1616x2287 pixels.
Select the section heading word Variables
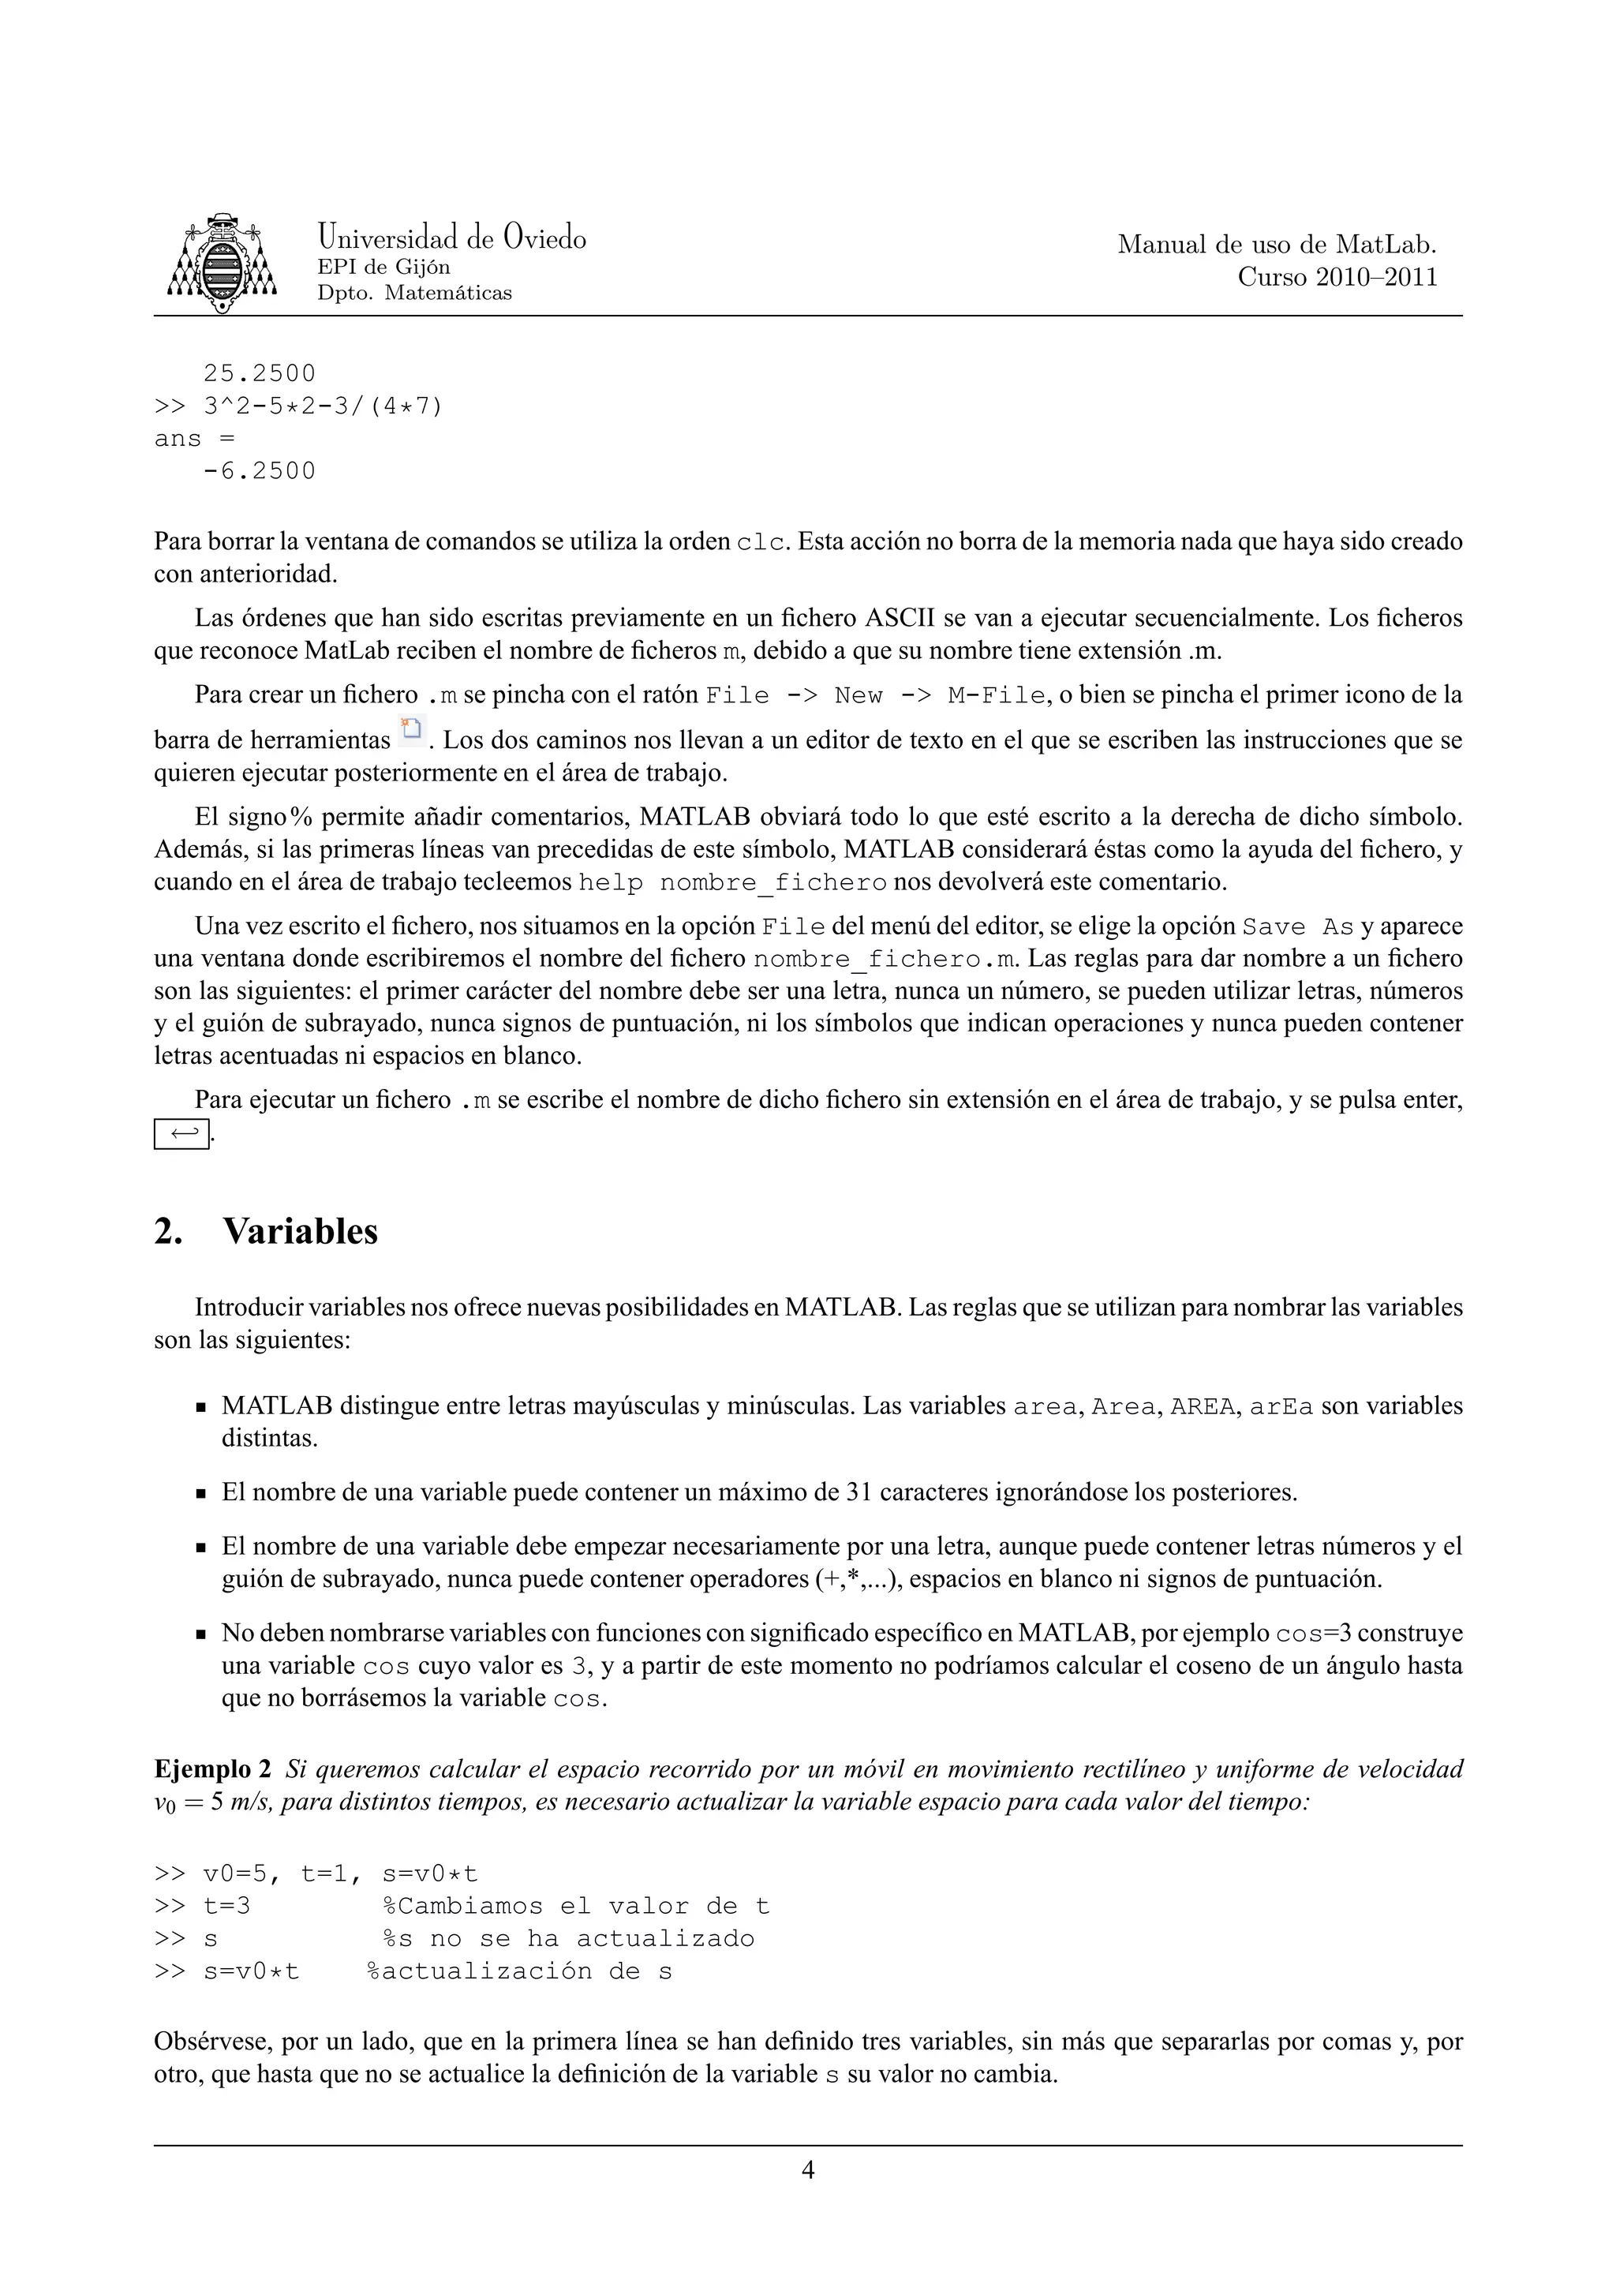click(x=300, y=1231)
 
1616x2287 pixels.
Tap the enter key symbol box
click(x=181, y=1133)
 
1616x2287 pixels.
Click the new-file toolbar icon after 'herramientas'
click(x=410, y=731)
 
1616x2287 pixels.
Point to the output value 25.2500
click(x=259, y=373)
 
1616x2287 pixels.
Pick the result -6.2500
click(x=259, y=471)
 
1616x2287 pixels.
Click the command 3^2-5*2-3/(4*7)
click(x=323, y=406)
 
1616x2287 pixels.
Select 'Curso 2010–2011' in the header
click(x=1337, y=277)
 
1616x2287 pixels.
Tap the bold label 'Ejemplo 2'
click(x=212, y=1769)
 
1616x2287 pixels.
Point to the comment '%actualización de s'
click(x=520, y=1971)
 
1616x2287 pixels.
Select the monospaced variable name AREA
click(x=1202, y=1407)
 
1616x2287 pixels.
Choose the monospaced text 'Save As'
click(x=1297, y=927)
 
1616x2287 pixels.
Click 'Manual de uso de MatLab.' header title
click(x=1277, y=244)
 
